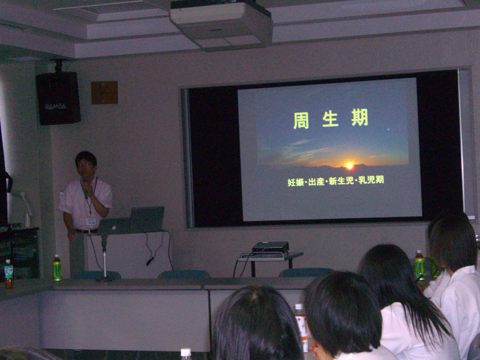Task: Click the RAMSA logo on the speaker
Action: point(56,107)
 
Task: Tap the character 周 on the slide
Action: point(301,121)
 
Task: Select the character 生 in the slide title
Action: point(331,119)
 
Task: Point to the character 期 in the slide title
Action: point(359,118)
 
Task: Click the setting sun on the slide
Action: point(349,166)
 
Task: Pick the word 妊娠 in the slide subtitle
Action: point(296,182)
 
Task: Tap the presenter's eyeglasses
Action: point(85,165)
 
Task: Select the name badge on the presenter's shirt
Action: point(91,221)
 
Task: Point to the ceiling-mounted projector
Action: point(221,25)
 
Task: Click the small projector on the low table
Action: point(271,248)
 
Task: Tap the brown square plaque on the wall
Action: point(104,92)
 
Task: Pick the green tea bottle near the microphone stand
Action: point(57,268)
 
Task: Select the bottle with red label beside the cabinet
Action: point(8,274)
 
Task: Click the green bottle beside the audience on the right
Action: point(419,265)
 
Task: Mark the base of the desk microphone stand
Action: point(104,279)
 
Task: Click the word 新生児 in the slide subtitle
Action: point(341,181)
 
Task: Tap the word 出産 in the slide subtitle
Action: point(316,182)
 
